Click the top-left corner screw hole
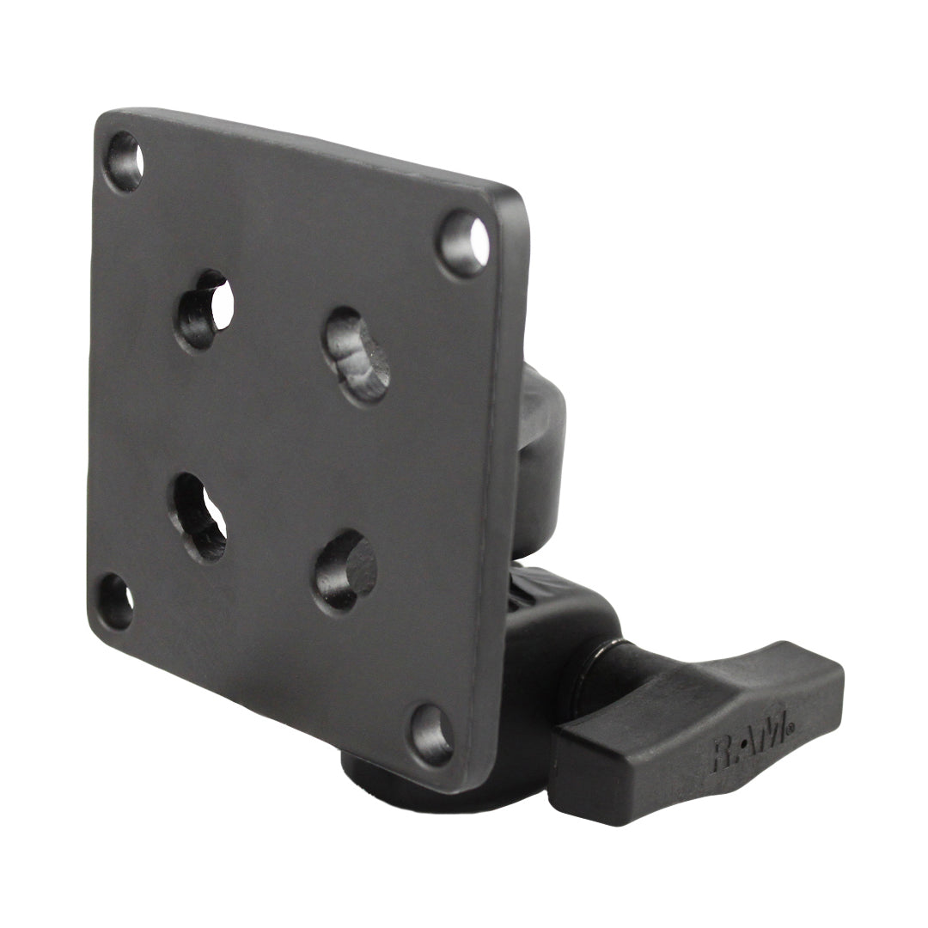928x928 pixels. [x=124, y=162]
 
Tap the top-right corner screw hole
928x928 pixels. [x=465, y=243]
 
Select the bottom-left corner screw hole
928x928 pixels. [x=115, y=601]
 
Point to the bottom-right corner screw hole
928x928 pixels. [x=431, y=735]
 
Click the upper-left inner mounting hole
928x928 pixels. [x=205, y=309]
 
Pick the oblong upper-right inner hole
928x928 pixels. [x=357, y=356]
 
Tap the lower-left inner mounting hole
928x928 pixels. [x=198, y=516]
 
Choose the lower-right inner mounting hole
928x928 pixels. [x=345, y=571]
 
